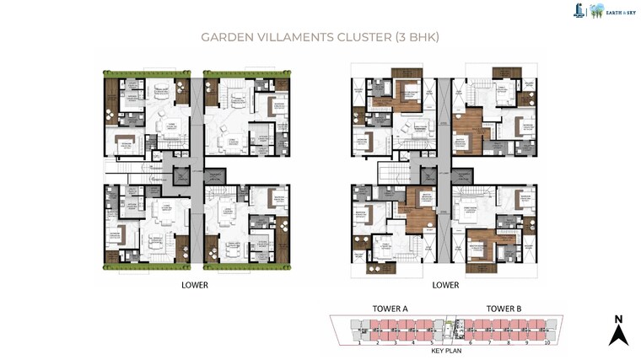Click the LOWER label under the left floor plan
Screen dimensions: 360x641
click(x=195, y=285)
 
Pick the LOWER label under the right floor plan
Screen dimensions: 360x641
click(x=445, y=285)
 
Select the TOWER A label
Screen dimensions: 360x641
click(x=390, y=309)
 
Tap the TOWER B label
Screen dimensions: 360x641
click(x=504, y=309)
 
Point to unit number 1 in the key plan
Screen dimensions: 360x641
click(x=359, y=343)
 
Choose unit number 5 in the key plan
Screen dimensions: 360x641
click(x=431, y=343)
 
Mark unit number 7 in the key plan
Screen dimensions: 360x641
click(x=486, y=343)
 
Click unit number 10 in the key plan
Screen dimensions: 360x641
click(x=547, y=343)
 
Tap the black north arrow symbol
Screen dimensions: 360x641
click(x=618, y=335)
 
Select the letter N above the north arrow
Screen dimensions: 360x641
click(x=618, y=318)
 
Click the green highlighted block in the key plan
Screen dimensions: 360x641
click(x=449, y=325)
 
